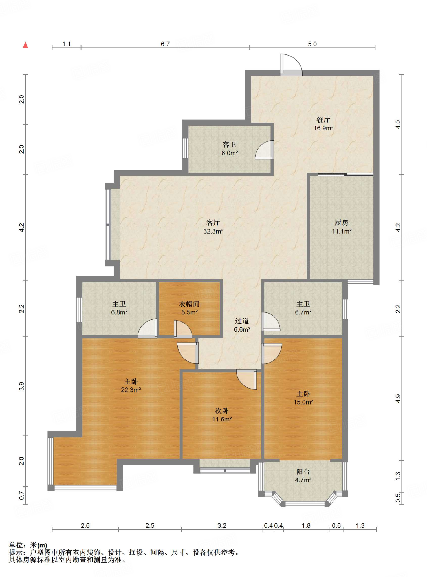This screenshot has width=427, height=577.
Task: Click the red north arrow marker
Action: coord(25,45)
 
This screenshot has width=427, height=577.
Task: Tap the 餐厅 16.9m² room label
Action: coord(323,124)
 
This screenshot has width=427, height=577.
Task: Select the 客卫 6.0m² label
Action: coord(230,149)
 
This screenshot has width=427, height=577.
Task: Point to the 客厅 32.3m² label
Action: coord(213,227)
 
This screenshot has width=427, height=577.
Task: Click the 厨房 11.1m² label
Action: coord(342,227)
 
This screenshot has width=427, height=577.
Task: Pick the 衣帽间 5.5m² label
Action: coord(189,308)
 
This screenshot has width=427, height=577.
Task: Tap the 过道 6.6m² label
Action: coord(242,325)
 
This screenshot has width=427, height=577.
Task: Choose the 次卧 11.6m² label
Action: coord(222,415)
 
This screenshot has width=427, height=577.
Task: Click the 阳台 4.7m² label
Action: coord(303,476)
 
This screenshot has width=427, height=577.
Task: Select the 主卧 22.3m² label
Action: coord(131,385)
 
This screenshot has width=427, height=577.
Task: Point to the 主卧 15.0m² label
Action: coord(303,398)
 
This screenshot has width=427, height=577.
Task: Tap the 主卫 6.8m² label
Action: coord(119,308)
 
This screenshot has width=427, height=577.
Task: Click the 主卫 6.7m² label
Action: coord(303,308)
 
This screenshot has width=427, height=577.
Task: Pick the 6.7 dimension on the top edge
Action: coord(165,44)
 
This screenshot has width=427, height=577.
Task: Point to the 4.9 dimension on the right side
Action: coord(398,399)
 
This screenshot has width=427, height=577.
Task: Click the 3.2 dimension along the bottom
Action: coord(222,525)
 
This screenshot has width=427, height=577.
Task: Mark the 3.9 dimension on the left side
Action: coord(22,386)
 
